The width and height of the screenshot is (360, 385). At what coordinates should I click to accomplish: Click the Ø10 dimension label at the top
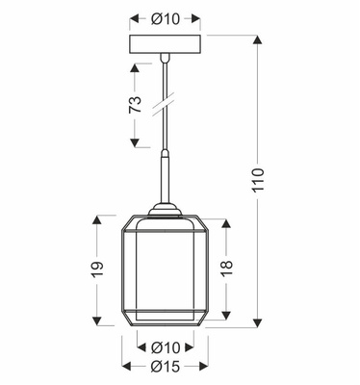(164, 16)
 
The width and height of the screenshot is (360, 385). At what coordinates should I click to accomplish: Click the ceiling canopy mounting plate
(165, 45)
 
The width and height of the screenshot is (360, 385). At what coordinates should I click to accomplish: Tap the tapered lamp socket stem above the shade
(165, 182)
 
